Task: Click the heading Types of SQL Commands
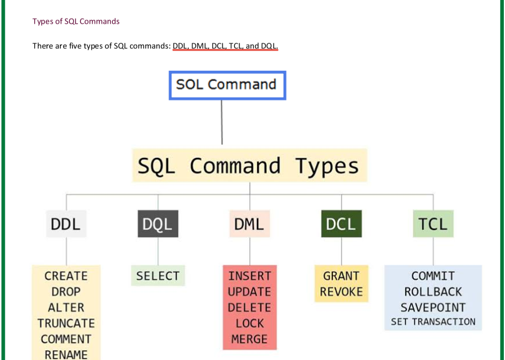click(76, 21)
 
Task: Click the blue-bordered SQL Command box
click(227, 85)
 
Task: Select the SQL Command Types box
click(250, 165)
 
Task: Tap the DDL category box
click(66, 224)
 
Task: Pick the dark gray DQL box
click(158, 224)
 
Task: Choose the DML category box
click(250, 224)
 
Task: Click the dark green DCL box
click(341, 224)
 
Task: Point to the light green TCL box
click(433, 224)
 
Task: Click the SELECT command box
click(158, 276)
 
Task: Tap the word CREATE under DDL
click(66, 276)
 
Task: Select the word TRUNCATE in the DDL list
click(66, 323)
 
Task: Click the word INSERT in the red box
click(250, 276)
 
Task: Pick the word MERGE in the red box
click(250, 339)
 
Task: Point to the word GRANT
click(341, 276)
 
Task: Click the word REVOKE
click(341, 292)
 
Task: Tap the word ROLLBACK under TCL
click(433, 292)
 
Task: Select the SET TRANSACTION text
click(433, 322)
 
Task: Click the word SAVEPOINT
click(433, 308)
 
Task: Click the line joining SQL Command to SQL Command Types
click(221, 123)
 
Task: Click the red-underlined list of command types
click(225, 46)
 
